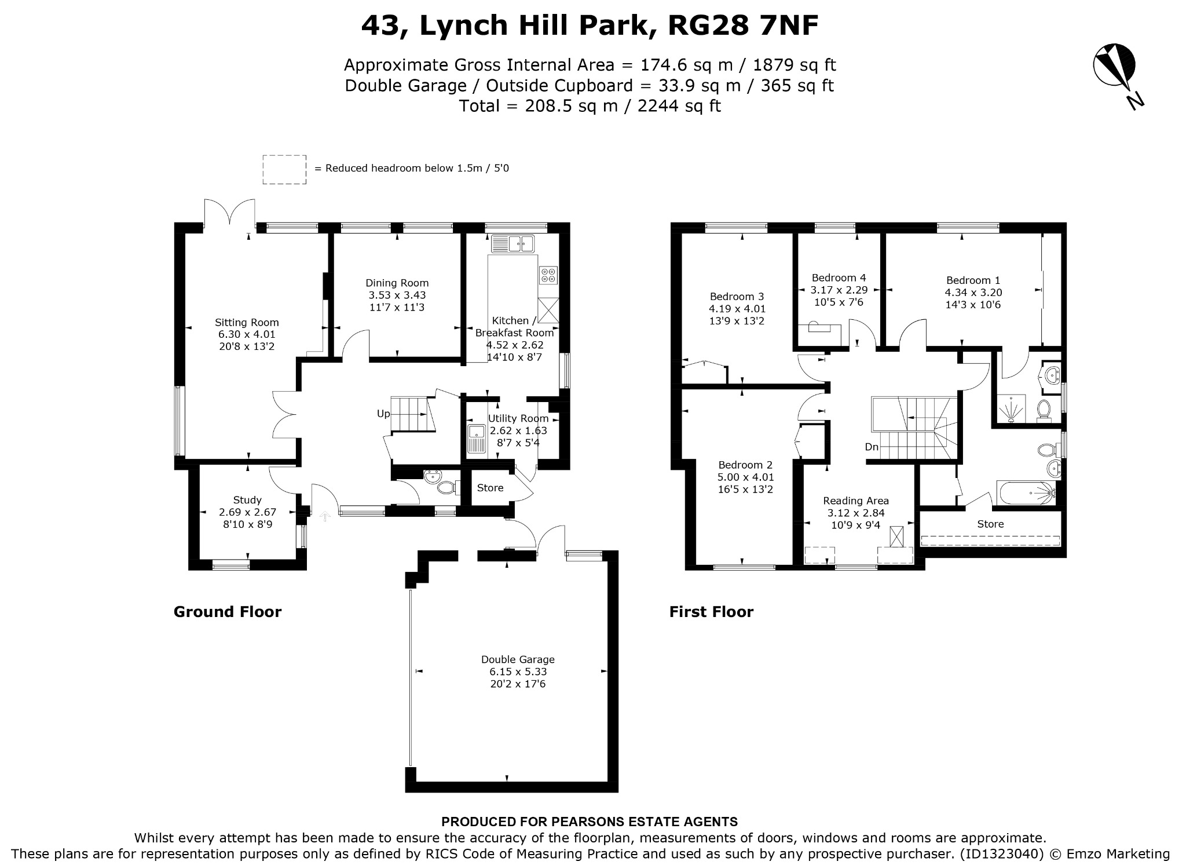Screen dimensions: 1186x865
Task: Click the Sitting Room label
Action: pos(247,323)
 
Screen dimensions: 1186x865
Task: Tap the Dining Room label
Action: pos(397,283)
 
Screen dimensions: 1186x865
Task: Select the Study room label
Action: pos(247,500)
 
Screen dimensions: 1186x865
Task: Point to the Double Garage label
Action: pos(518,659)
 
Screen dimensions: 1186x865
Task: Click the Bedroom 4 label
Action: pos(839,278)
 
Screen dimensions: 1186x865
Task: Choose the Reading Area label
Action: pos(856,501)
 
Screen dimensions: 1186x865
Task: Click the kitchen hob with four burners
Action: pos(548,275)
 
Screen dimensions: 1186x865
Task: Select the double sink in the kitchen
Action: pos(513,244)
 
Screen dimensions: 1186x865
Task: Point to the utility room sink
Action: pos(476,438)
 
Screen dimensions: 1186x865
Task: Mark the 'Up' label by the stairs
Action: pos(383,414)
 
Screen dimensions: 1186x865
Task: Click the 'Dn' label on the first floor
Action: pos(872,447)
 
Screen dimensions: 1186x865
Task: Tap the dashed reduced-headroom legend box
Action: pos(284,169)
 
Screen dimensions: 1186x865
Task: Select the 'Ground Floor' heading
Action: pos(228,612)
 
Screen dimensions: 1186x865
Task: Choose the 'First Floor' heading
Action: pos(711,612)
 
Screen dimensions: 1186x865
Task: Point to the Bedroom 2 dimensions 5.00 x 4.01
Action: pos(745,477)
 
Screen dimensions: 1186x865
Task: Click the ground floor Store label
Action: pos(490,488)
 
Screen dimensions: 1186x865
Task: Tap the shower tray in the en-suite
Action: pos(1011,409)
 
